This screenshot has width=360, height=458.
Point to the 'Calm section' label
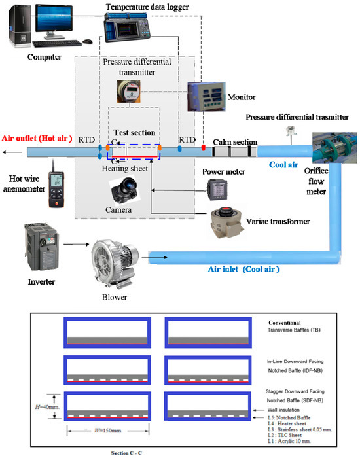click(x=236, y=142)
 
